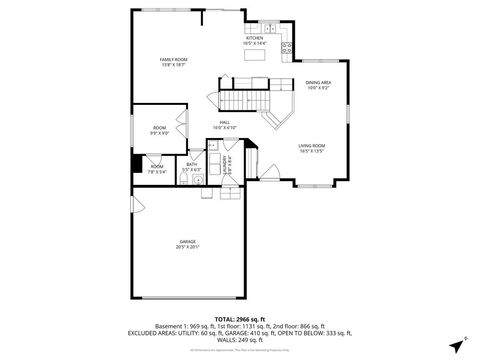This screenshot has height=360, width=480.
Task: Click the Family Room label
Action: coord(175,60)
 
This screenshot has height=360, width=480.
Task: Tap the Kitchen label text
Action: coord(255,38)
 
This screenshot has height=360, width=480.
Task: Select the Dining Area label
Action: coord(318,83)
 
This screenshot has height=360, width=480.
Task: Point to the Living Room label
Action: coord(312,146)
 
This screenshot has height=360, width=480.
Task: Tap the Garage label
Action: coord(188,241)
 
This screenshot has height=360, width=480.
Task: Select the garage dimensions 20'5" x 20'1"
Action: coord(188,247)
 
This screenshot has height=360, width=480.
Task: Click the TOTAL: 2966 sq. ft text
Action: coord(240,319)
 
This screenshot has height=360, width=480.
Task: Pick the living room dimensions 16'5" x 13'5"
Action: coord(312,152)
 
